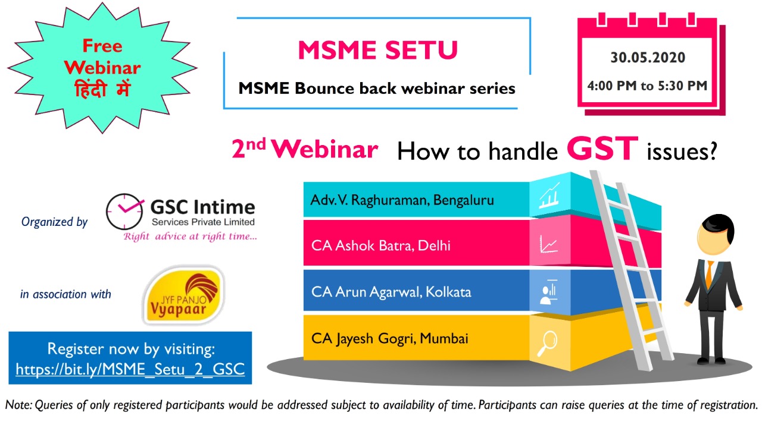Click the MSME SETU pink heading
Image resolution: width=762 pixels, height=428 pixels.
coord(378,51)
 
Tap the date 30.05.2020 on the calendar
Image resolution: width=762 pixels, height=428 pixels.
coord(648,58)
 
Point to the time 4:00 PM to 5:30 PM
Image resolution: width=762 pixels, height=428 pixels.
coord(647,86)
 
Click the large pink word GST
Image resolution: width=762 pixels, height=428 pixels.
coord(602,148)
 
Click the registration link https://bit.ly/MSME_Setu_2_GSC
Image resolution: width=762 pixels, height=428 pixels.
coord(130,369)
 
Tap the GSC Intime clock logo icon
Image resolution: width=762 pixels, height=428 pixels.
coord(124,212)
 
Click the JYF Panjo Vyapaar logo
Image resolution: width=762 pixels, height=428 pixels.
coord(184,295)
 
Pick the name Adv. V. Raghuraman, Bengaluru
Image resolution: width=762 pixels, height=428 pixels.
coord(402,200)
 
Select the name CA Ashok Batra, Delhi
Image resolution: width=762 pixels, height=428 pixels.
coord(380,246)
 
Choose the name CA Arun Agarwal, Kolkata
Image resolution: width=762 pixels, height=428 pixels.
coord(391,292)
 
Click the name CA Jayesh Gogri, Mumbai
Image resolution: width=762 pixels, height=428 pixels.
coord(390,339)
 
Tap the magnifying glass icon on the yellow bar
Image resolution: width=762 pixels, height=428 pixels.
coord(547,343)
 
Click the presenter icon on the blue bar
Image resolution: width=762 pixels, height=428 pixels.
coord(548,292)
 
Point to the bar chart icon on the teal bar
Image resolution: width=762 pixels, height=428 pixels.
coord(549,196)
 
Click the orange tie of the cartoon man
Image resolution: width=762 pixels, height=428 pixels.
coord(708,275)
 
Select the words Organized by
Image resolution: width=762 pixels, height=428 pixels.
coord(54,222)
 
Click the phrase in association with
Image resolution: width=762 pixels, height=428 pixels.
coord(65,294)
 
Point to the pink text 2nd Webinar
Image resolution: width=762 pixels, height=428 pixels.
coord(304,149)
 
